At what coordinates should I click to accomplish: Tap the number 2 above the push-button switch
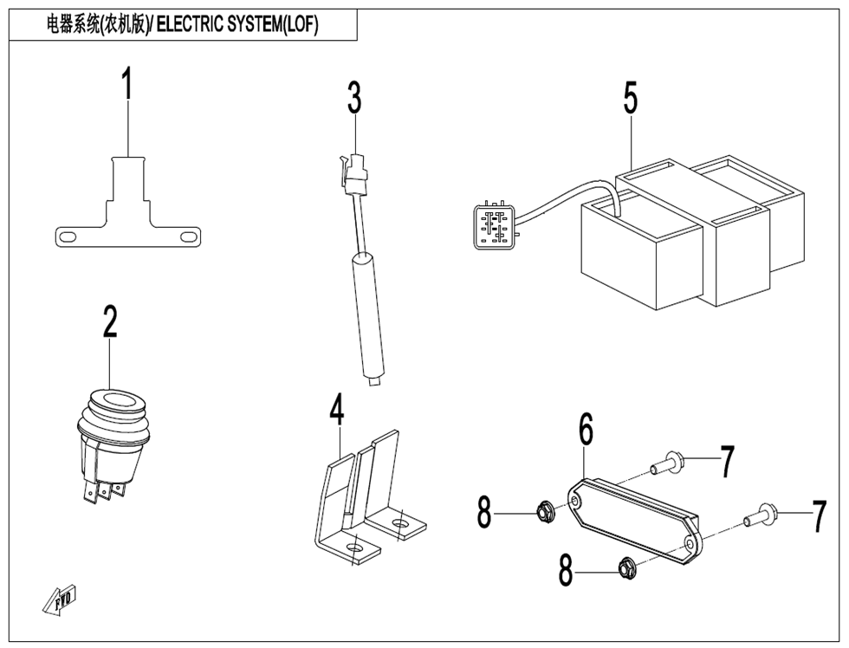(x=109, y=321)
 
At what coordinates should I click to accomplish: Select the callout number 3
(x=354, y=99)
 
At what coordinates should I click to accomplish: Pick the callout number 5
(x=630, y=98)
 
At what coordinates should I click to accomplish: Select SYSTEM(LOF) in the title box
(x=270, y=25)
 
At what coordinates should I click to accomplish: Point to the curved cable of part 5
(x=572, y=198)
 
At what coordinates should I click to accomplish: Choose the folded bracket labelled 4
(x=364, y=494)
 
